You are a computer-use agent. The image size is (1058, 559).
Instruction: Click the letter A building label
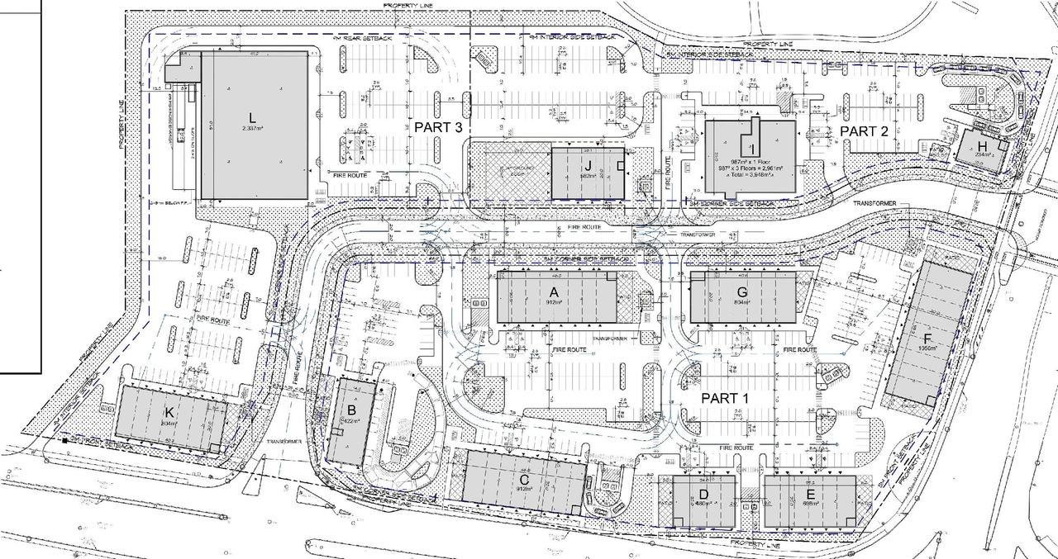555,291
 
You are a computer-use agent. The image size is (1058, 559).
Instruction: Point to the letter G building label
742,291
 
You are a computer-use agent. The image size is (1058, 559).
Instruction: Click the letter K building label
169,413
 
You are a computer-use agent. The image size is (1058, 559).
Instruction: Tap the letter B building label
351,410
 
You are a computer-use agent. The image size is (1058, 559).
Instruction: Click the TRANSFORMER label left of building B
284,441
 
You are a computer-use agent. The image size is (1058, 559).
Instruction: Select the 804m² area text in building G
741,303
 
